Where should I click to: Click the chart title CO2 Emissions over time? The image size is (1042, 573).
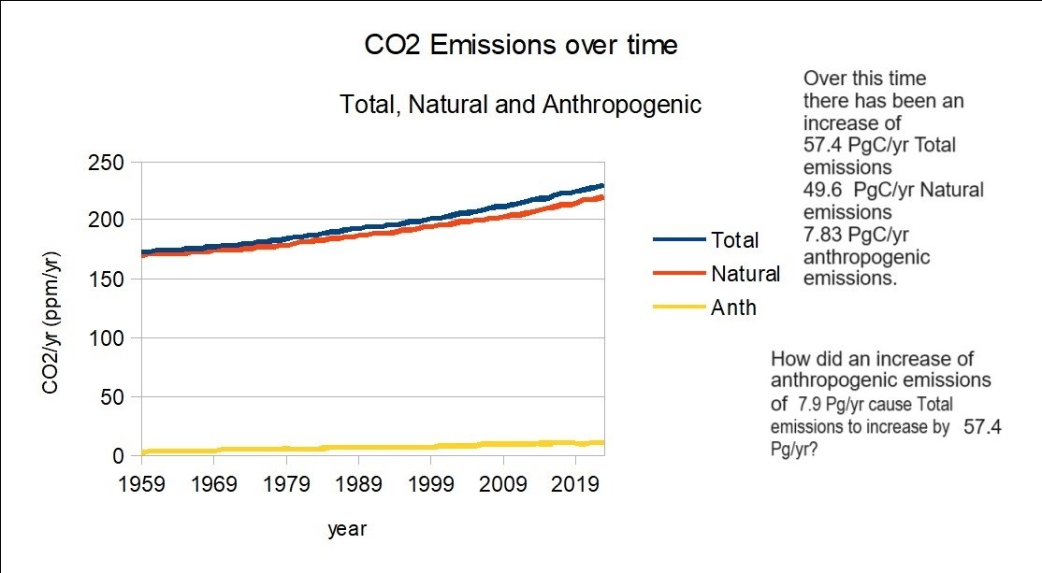pyautogui.click(x=520, y=45)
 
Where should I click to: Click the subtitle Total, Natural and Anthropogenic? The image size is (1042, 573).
pyautogui.click(x=520, y=104)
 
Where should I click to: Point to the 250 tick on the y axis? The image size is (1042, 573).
pyautogui.click(x=105, y=162)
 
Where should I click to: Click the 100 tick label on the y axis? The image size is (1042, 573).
pyautogui.click(x=105, y=337)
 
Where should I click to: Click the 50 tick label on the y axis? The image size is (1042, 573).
pyautogui.click(x=111, y=397)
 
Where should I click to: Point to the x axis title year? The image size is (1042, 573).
pyautogui.click(x=347, y=529)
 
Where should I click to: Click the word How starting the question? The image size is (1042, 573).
pyautogui.click(x=789, y=359)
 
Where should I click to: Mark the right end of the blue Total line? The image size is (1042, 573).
pyautogui.click(x=603, y=185)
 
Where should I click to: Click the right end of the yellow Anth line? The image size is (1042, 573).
pyautogui.click(x=603, y=442)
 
